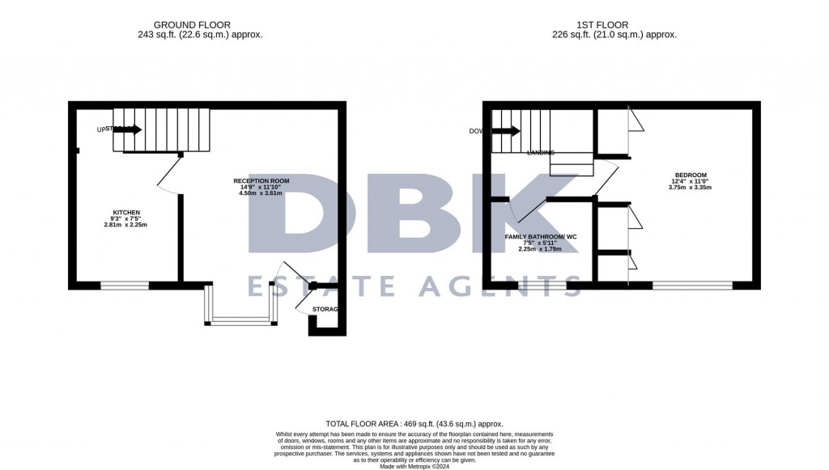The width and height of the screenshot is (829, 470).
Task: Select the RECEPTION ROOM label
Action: click(x=261, y=180)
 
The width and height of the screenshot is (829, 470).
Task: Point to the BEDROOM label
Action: click(x=691, y=175)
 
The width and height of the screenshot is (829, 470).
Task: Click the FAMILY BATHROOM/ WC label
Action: click(x=540, y=236)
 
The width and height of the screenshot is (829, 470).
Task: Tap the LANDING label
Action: click(x=540, y=152)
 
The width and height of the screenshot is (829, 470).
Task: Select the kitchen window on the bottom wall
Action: click(x=125, y=285)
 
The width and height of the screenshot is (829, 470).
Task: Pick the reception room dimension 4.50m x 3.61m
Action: click(x=261, y=193)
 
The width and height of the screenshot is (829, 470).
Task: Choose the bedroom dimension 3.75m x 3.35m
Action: click(x=691, y=188)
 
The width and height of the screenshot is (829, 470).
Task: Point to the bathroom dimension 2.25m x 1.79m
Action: click(x=540, y=249)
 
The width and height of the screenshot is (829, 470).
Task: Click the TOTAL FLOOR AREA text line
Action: click(x=414, y=424)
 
